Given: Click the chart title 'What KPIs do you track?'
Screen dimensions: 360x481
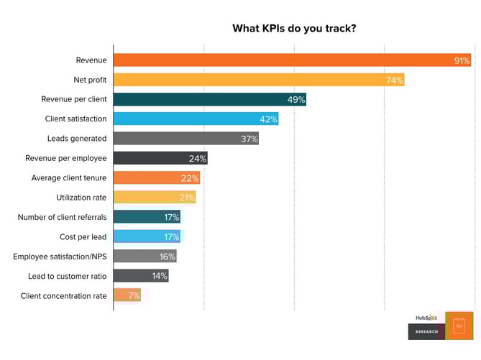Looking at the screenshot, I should tap(294, 29).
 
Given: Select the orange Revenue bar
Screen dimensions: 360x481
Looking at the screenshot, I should tap(288, 60).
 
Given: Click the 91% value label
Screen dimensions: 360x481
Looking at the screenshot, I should tap(462, 61).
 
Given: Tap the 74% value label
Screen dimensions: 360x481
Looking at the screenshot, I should tap(394, 80).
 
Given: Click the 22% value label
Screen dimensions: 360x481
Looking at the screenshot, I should tap(190, 178).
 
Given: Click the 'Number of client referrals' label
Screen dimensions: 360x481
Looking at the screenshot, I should tap(62, 217).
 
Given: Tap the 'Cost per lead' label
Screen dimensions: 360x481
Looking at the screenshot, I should tap(83, 236).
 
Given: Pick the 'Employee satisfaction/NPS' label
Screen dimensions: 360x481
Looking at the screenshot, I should tap(60, 256).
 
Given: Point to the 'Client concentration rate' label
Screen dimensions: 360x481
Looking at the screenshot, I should tap(63, 295).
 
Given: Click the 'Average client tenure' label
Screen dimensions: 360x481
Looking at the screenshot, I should tap(69, 177).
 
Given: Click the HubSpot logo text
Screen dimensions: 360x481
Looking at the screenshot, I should tap(426, 317).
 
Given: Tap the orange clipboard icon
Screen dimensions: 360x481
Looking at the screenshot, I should tap(459, 326).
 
